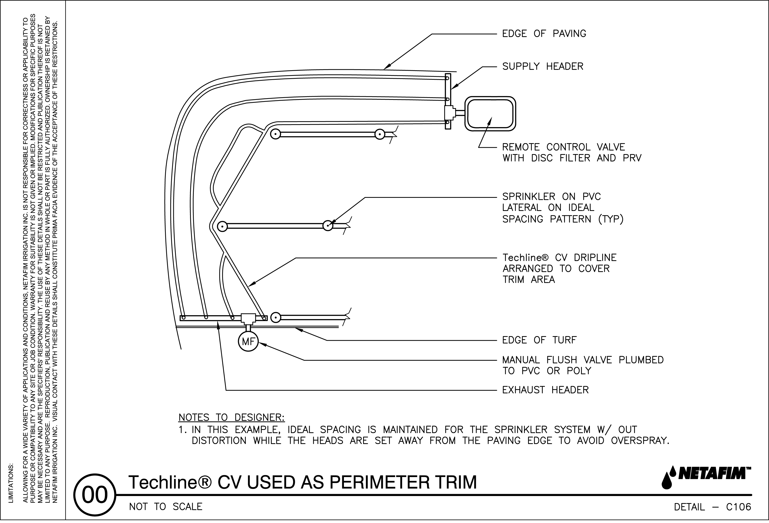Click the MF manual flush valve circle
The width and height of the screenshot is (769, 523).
(x=248, y=341)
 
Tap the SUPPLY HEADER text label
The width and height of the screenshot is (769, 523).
(x=543, y=67)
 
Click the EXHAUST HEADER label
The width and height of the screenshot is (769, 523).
(x=545, y=390)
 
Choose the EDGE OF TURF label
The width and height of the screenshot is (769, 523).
(x=539, y=340)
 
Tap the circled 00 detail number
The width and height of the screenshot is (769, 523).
(x=95, y=495)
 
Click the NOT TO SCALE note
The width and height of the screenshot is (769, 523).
(x=166, y=507)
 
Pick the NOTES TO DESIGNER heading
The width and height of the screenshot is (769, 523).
(x=232, y=418)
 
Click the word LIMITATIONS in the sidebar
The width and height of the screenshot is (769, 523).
(x=11, y=483)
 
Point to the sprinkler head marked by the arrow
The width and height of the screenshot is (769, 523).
(x=328, y=226)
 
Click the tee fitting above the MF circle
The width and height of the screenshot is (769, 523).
(x=248, y=318)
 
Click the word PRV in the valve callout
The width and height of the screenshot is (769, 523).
(x=632, y=158)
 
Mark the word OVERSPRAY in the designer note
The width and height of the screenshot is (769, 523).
(x=640, y=441)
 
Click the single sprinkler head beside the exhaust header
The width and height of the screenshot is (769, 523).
(x=276, y=318)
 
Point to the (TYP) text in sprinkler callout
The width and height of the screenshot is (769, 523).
(x=611, y=219)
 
